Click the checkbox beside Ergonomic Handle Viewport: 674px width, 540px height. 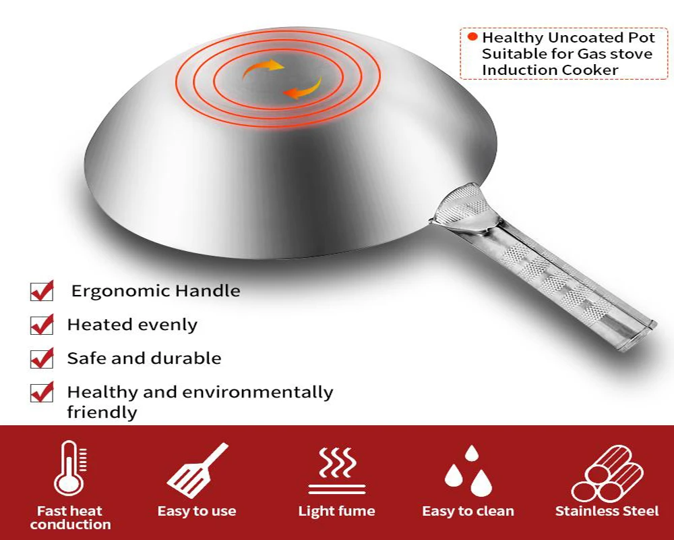tap(42, 291)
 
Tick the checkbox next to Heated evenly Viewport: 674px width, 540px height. tap(42, 325)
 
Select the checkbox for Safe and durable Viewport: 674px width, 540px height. tap(42, 358)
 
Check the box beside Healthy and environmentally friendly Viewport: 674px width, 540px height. tap(42, 392)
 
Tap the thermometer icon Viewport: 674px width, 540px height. tap(69, 468)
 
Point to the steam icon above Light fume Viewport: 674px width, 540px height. tap(337, 470)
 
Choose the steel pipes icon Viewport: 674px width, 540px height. tap(607, 473)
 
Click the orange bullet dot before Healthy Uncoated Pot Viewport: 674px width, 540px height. tap(472, 37)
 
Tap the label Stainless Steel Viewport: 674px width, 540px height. tap(607, 511)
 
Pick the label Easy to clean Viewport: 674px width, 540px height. tap(468, 511)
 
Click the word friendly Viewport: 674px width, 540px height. tap(102, 412)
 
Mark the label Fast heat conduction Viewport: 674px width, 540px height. tap(70, 518)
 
